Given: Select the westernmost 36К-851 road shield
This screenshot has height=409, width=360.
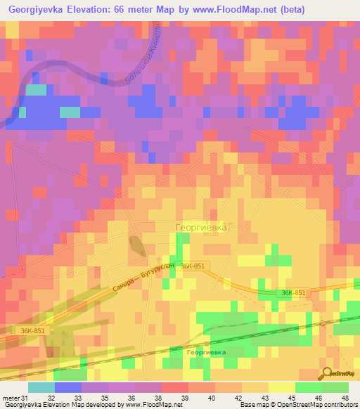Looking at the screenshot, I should click(x=32, y=330).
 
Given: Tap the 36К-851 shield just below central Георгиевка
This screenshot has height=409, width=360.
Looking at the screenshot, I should click(x=192, y=266).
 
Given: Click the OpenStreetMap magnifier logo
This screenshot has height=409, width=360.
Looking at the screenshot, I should click(x=328, y=373).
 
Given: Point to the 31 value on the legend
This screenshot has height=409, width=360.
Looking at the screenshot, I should click(x=25, y=398).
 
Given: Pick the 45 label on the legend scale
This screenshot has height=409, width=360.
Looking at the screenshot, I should click(x=296, y=398).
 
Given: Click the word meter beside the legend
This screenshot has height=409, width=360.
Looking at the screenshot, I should click(x=11, y=398).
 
